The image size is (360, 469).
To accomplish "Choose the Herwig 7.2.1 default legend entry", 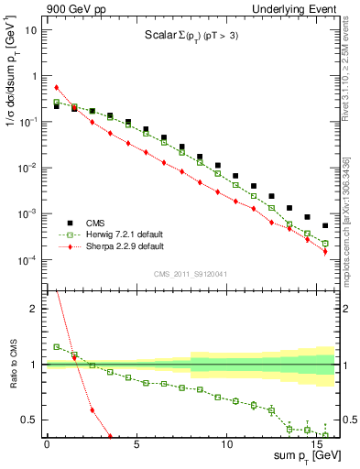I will (119, 234).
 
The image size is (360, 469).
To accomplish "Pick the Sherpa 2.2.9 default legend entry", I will (119, 246).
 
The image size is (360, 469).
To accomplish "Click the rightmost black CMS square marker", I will (325, 225).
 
